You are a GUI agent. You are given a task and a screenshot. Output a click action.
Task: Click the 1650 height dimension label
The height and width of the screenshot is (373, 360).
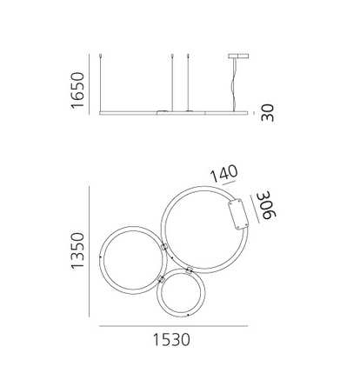[x=77, y=90]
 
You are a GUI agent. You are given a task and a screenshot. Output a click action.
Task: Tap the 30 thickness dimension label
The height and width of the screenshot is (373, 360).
[x=267, y=113]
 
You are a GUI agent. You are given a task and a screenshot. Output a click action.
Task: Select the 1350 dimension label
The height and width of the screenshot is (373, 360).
[x=77, y=250]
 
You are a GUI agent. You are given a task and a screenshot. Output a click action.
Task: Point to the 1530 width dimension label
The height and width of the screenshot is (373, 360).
[x=171, y=340]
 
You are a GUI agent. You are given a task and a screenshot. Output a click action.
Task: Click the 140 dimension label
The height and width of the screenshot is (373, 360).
[x=223, y=173]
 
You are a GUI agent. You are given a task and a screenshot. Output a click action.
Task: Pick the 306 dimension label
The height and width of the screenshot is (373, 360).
[x=267, y=204]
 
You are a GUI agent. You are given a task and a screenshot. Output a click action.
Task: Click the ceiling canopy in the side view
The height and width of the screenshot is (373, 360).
[x=238, y=56]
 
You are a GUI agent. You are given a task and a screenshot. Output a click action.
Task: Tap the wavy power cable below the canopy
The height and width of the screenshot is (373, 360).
[x=233, y=84]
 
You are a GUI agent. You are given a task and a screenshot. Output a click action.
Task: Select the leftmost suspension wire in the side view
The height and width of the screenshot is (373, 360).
[x=100, y=83]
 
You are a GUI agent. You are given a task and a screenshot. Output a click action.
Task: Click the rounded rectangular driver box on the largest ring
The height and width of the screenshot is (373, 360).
[x=238, y=214]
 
